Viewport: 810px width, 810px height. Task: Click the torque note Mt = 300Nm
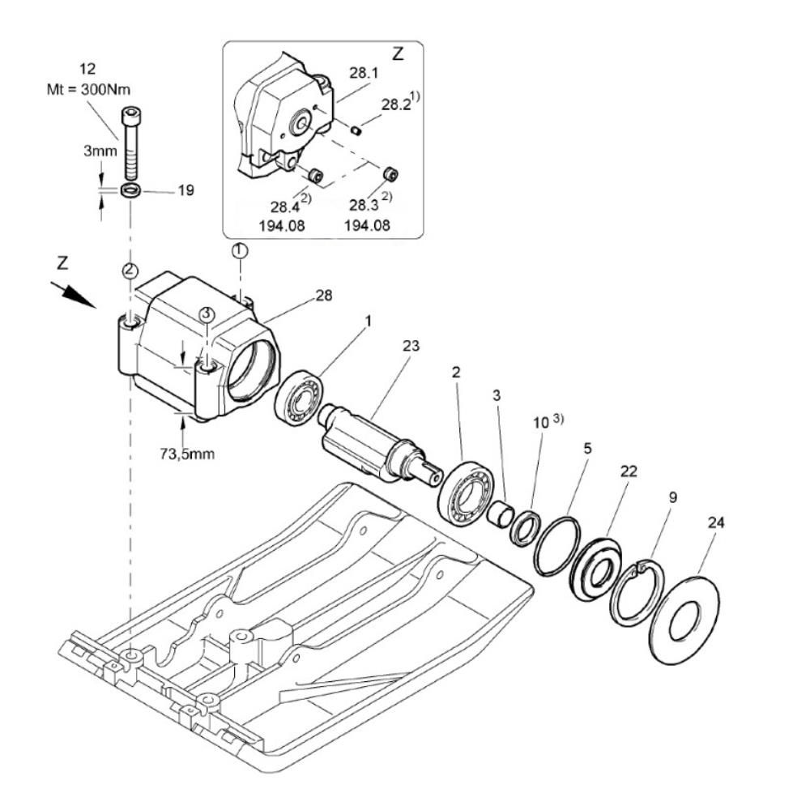(88, 89)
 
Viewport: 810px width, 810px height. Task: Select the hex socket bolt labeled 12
(132, 143)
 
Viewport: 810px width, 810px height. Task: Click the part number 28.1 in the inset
(364, 73)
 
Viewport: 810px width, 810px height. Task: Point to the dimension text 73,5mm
(187, 454)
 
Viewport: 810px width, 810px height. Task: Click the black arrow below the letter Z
(74, 295)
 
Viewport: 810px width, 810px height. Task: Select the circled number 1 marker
(240, 250)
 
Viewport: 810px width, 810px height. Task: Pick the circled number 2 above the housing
(130, 270)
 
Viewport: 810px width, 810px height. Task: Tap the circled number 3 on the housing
(207, 313)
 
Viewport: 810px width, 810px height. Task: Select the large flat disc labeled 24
(684, 617)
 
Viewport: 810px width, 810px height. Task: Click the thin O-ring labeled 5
(557, 545)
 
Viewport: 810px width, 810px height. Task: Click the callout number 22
(629, 471)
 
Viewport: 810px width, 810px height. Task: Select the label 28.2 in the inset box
(396, 104)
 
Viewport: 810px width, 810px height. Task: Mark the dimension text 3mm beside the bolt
(100, 151)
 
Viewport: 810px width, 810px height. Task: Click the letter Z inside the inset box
(398, 53)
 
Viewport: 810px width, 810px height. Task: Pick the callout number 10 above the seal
(540, 423)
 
